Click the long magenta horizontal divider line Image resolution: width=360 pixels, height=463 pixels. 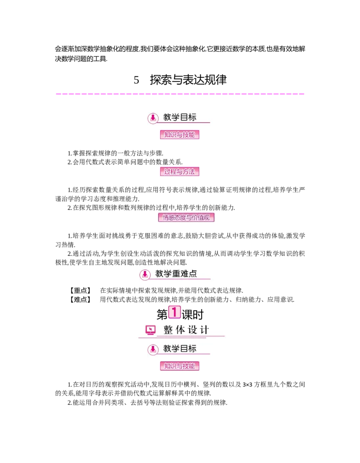coord(180,94)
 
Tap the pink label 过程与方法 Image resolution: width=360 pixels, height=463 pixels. coord(180,172)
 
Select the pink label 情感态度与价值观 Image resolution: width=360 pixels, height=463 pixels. coord(185,218)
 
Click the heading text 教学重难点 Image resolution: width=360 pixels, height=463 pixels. coord(176,274)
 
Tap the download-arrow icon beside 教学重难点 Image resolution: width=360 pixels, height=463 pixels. coord(145,274)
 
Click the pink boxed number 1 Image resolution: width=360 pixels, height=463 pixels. coord(174,312)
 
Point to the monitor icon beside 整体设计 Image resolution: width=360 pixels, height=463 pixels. coord(151,330)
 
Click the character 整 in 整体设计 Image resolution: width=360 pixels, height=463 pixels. coord(168,330)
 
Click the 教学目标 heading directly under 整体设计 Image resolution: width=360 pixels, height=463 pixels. coord(180,349)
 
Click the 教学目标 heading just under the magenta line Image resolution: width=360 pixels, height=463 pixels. coord(180,118)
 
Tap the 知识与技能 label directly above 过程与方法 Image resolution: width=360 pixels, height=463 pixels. coord(180,135)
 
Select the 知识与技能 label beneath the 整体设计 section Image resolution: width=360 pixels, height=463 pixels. coord(180,366)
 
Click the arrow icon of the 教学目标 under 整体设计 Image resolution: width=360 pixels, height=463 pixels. coord(153,349)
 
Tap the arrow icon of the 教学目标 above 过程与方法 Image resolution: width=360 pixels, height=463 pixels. coord(153,118)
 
